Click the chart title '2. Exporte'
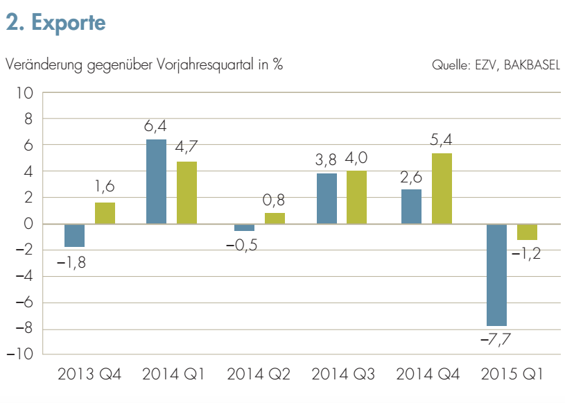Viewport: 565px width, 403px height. [55, 22]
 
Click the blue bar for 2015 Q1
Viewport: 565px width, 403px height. [496, 275]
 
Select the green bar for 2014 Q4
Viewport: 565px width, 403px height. [442, 189]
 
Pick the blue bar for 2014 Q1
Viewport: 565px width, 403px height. [156, 182]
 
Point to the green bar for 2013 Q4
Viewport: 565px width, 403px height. [105, 213]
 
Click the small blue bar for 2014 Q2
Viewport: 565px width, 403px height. [244, 228]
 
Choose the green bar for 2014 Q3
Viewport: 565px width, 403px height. [356, 197]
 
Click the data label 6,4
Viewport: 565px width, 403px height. [156, 127]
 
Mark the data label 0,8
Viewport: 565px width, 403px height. [275, 200]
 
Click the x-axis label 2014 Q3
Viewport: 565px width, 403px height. [342, 375]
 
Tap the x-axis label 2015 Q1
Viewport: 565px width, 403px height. [512, 375]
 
